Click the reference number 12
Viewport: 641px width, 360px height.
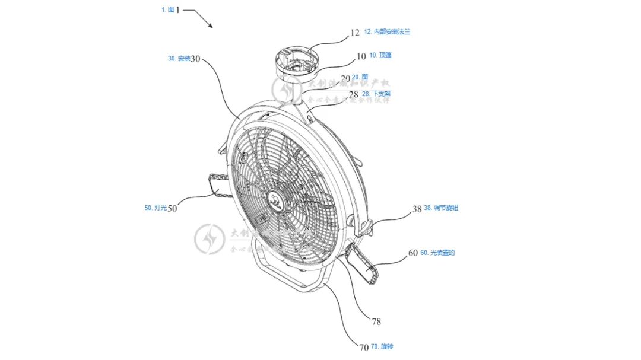(354, 33)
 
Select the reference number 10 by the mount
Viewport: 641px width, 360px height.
(361, 57)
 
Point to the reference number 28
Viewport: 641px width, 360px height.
(354, 94)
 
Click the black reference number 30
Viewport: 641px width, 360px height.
(196, 59)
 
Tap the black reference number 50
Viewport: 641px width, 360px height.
(173, 208)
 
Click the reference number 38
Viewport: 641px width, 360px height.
(417, 209)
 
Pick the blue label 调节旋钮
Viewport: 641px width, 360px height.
(445, 208)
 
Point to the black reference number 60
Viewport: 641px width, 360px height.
(413, 253)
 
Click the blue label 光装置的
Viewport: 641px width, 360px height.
(440, 253)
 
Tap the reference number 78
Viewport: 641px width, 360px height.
(376, 322)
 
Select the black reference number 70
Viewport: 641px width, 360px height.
(364, 347)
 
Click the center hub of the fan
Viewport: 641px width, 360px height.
(277, 200)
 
